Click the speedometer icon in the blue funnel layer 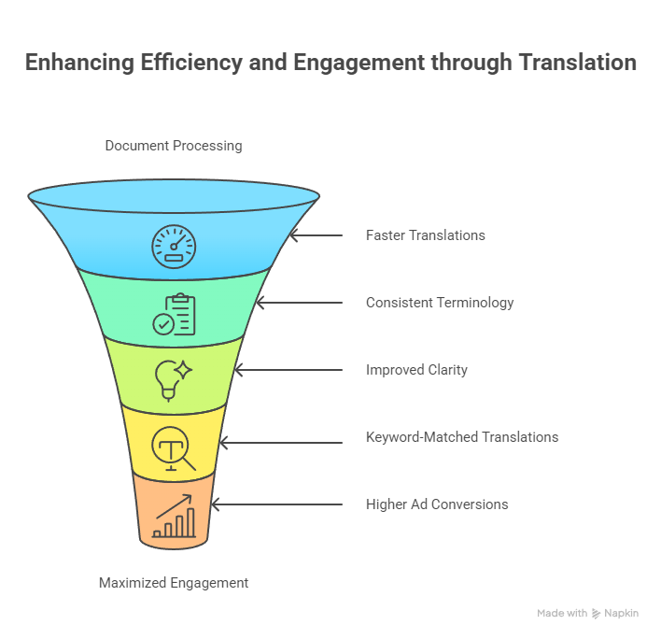(x=175, y=245)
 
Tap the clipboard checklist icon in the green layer (x=175, y=314)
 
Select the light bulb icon (x=173, y=377)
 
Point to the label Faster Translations (x=425, y=235)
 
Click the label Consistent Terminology (x=440, y=303)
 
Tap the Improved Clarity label (x=416, y=370)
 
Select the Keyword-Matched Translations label (x=462, y=437)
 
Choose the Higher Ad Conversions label (x=437, y=504)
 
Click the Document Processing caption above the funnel (x=174, y=146)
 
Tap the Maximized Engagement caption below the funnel (x=174, y=583)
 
